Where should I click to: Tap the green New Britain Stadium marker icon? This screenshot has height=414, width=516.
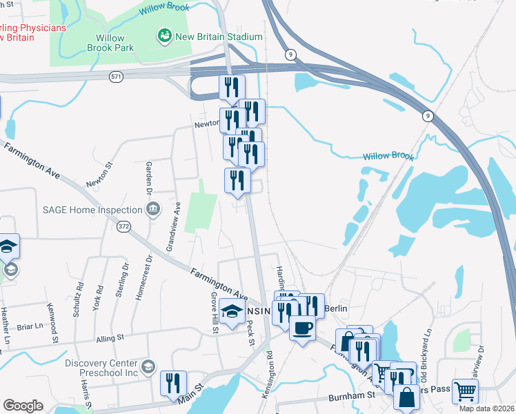(x=164, y=35)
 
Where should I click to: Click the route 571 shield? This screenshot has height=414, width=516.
(x=117, y=77)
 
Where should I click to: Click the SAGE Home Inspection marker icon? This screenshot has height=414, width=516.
(x=152, y=208)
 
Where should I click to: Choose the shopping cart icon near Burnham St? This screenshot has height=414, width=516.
(x=466, y=391)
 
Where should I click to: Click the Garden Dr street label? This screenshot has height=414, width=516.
(x=148, y=178)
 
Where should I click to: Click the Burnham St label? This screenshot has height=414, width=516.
(x=351, y=396)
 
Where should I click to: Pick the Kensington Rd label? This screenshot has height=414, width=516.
(x=270, y=373)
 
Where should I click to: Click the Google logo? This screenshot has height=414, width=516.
(x=23, y=406)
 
